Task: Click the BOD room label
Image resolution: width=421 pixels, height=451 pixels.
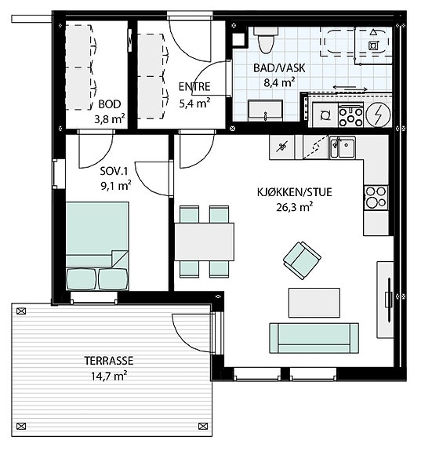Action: (109, 104)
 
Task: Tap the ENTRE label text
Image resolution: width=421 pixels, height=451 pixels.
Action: (194, 87)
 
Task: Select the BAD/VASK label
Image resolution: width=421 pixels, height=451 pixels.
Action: (279, 68)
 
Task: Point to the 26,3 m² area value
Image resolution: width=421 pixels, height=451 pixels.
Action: (295, 207)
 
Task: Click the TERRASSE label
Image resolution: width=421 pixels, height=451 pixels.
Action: (109, 361)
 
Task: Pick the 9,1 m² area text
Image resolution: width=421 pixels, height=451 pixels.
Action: (116, 186)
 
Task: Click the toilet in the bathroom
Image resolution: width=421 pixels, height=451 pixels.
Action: (265, 40)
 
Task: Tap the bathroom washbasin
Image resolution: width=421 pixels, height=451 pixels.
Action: (265, 111)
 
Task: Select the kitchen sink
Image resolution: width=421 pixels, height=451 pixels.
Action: (343, 147)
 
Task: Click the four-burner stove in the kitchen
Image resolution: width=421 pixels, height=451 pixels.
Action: (376, 198)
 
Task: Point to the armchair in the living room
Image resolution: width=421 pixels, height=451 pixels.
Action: (302, 260)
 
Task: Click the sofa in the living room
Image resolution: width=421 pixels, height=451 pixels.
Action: (314, 338)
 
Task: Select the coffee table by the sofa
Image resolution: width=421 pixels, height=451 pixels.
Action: (314, 303)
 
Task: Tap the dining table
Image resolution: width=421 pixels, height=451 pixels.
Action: (204, 242)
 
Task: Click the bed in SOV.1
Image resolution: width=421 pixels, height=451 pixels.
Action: (97, 246)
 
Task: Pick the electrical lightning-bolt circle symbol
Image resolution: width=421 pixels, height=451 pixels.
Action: (378, 115)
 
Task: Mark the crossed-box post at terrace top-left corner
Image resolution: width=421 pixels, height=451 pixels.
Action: (21, 311)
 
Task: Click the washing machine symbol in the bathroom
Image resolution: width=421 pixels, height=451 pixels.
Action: (325, 115)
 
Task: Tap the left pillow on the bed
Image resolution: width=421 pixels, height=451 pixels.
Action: (82, 278)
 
